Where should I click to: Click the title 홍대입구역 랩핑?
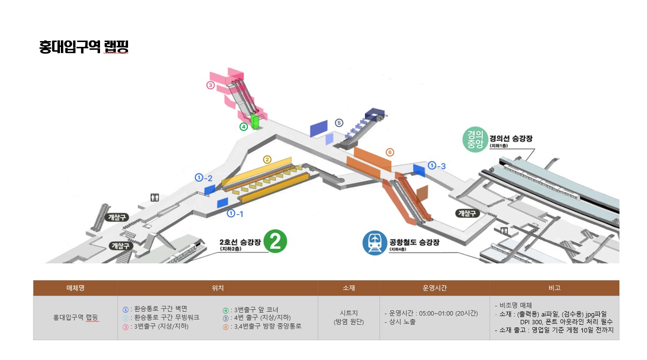[84, 47]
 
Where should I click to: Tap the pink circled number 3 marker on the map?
[211, 85]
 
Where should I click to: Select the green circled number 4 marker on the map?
[244, 127]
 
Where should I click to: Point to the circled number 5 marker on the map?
[339, 123]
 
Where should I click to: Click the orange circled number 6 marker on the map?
[390, 152]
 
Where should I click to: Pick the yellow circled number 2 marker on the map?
[267, 159]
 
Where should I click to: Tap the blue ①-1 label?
[235, 214]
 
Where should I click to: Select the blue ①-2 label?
[203, 178]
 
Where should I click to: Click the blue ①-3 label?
[436, 166]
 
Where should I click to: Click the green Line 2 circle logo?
[275, 242]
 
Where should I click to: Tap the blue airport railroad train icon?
[374, 243]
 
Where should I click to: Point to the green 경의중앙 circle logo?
[475, 140]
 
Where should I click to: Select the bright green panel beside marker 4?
[255, 122]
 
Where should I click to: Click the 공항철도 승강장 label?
[414, 242]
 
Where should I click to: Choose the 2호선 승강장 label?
[240, 242]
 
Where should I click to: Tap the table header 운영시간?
[434, 288]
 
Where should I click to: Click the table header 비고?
[554, 288]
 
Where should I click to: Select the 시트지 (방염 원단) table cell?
[349, 317]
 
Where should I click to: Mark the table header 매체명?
[75, 288]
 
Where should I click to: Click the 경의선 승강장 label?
[511, 138]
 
